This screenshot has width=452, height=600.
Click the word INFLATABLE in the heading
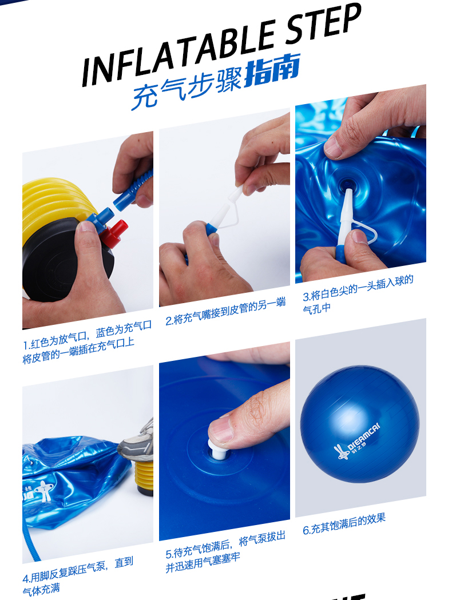click(x=180, y=51)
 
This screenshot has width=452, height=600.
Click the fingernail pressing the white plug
click(x=221, y=429)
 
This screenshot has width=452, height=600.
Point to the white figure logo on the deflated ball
click(x=42, y=491)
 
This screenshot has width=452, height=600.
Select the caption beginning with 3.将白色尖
click(x=358, y=294)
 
